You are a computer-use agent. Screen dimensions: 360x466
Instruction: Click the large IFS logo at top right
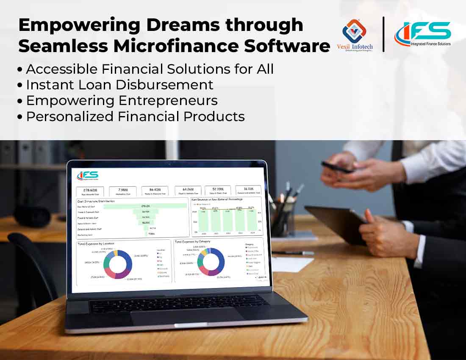pos(423,32)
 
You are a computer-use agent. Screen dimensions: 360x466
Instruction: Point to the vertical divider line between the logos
pos(383,34)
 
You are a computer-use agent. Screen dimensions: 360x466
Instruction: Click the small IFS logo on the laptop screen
pos(88,175)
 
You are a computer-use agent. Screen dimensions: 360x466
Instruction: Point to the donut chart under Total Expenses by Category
pos(211,261)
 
